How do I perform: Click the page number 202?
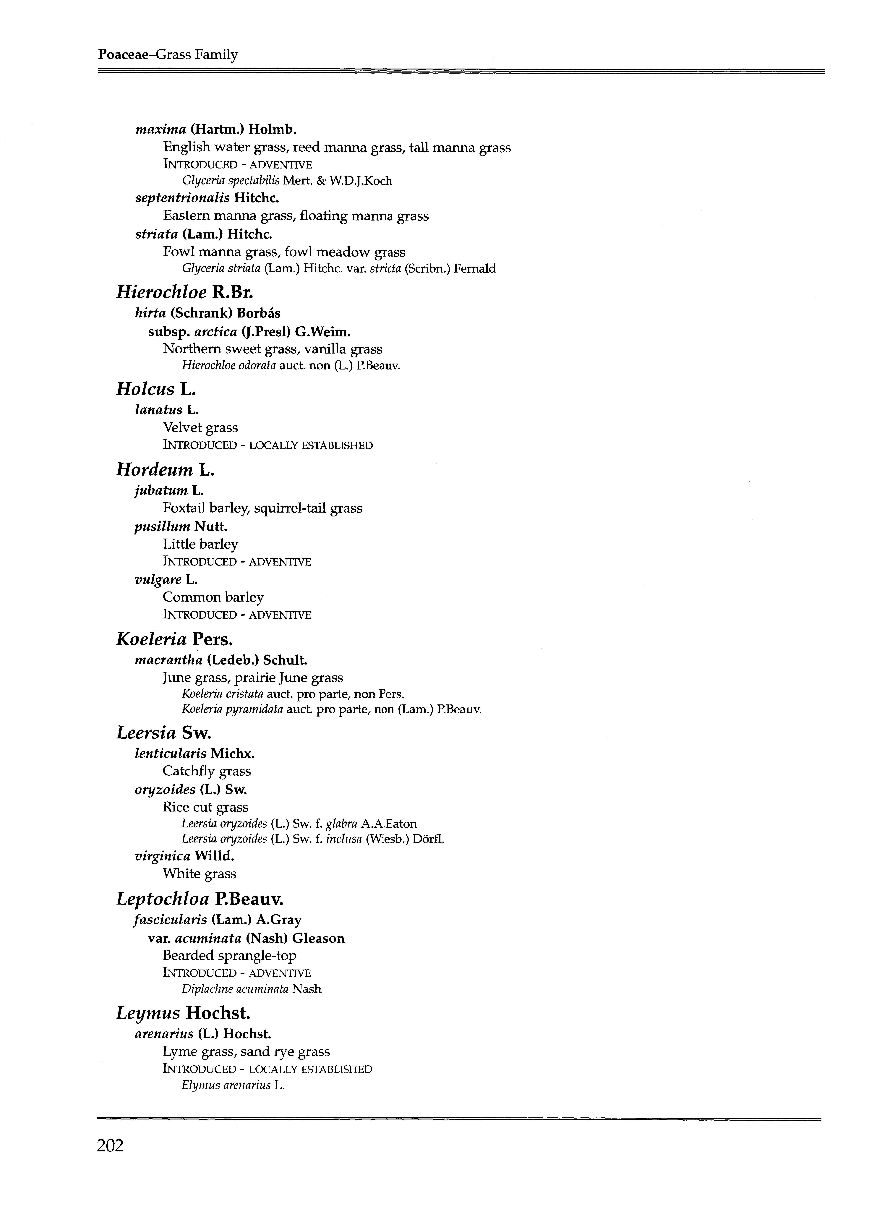coord(111,1145)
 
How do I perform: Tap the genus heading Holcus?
coord(145,389)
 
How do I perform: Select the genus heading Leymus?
coord(148,1013)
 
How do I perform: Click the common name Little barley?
coord(200,544)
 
